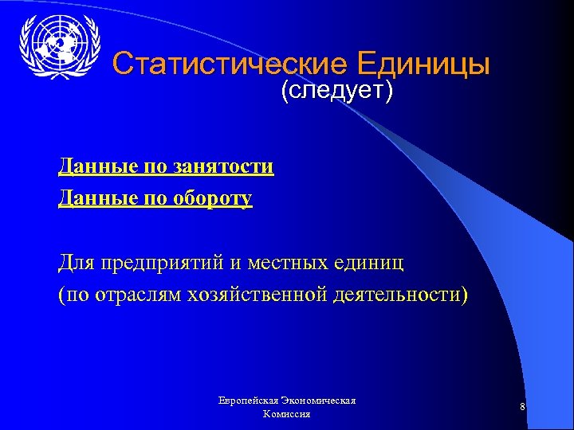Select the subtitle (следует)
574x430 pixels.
pyautogui.click(x=336, y=92)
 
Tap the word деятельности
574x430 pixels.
pyautogui.click(x=399, y=295)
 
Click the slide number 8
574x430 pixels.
pyautogui.click(x=521, y=408)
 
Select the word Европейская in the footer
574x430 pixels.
pyautogui.click(x=250, y=401)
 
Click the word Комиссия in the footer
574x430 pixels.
pyautogui.click(x=286, y=415)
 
